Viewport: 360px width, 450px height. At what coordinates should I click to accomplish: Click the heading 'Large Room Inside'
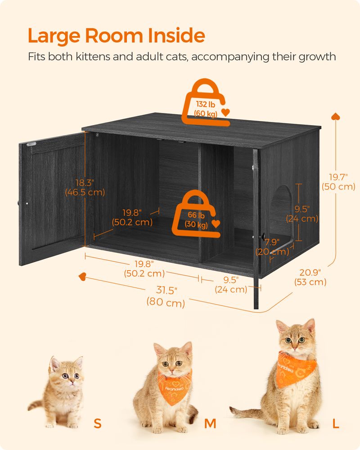point(116,35)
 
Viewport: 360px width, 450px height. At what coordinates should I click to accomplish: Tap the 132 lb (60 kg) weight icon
point(205,103)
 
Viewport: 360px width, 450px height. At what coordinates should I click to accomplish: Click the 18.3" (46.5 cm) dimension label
point(84,187)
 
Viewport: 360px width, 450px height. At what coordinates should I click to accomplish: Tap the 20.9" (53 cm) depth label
point(310,277)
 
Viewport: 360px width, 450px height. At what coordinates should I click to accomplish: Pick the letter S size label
point(98,423)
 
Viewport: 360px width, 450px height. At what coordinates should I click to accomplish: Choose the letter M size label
point(210,423)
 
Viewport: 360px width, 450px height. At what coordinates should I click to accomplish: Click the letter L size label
point(336,423)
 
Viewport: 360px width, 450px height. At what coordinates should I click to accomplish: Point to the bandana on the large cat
point(295,367)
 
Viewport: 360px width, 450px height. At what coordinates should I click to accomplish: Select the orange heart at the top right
point(335,117)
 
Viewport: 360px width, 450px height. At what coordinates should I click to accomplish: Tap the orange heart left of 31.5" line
point(82,275)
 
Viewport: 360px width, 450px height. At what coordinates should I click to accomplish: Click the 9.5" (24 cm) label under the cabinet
point(231,285)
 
